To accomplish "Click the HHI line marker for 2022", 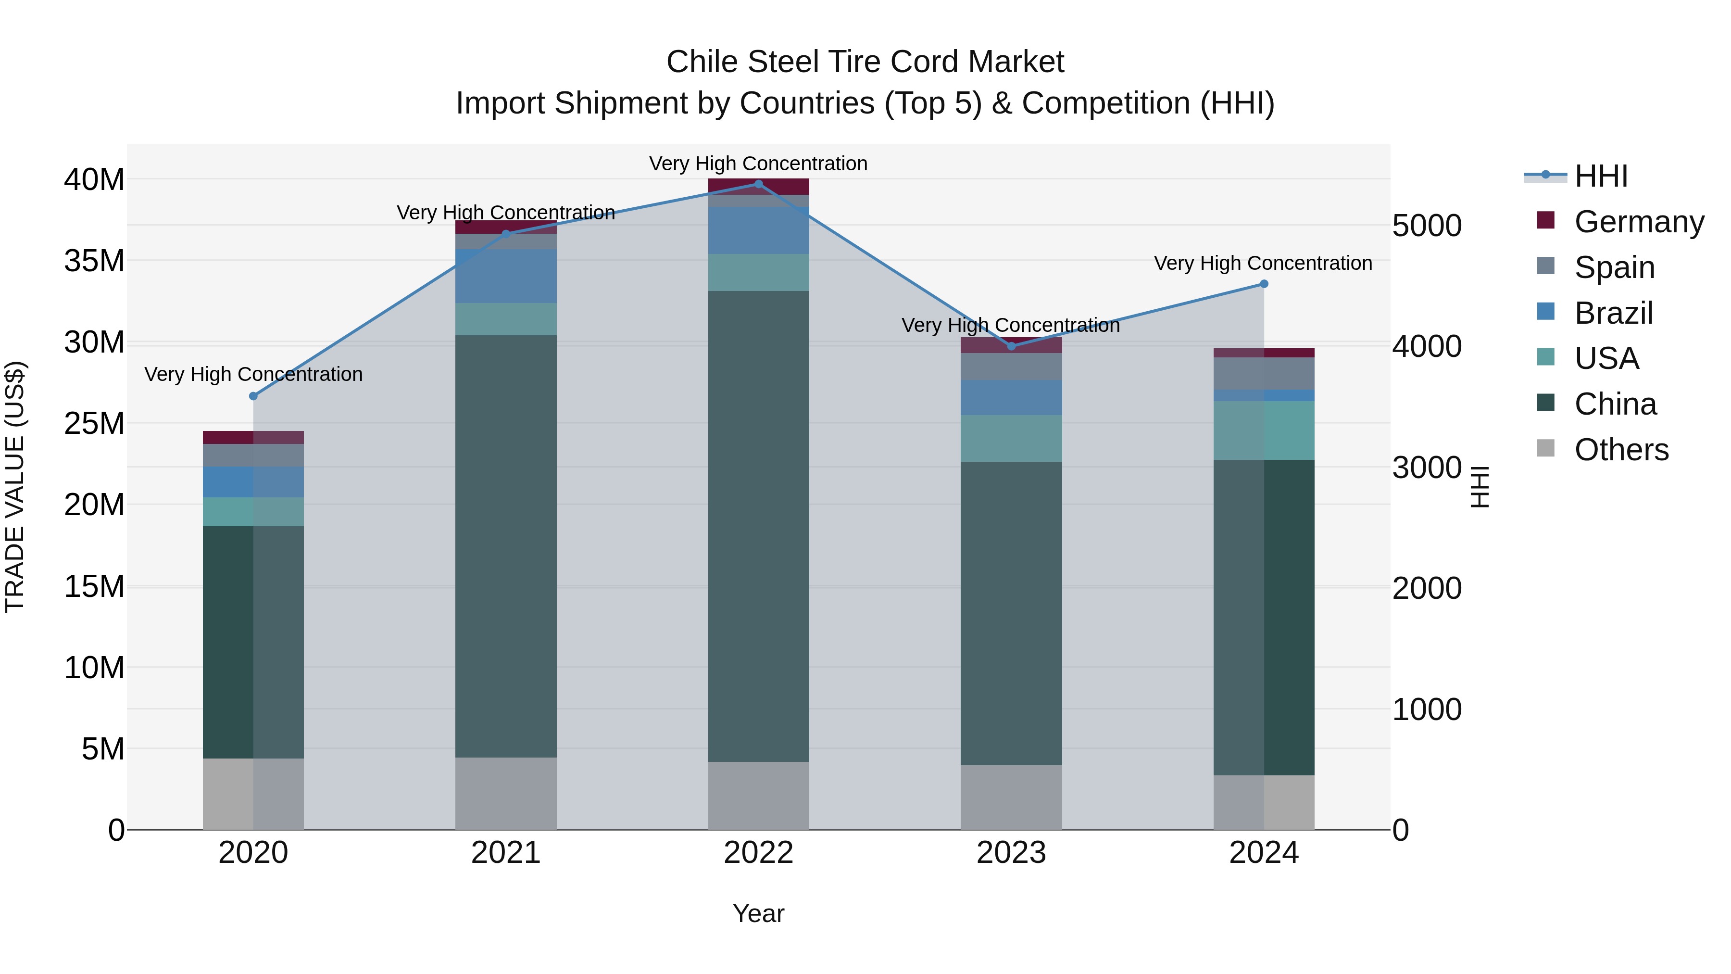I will [759, 184].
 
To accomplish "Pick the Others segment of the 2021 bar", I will [506, 793].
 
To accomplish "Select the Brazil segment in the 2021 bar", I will [506, 276].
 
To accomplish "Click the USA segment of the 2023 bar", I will [1011, 438].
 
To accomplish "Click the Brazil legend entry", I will [1613, 313].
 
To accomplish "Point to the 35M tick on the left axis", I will [94, 261].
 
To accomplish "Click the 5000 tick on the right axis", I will [1427, 226].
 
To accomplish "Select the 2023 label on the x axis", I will [1011, 853].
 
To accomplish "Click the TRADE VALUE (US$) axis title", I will [15, 487].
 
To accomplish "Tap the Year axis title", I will [759, 913].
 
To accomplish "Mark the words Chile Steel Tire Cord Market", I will [865, 62].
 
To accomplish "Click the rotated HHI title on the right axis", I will [1480, 487].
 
